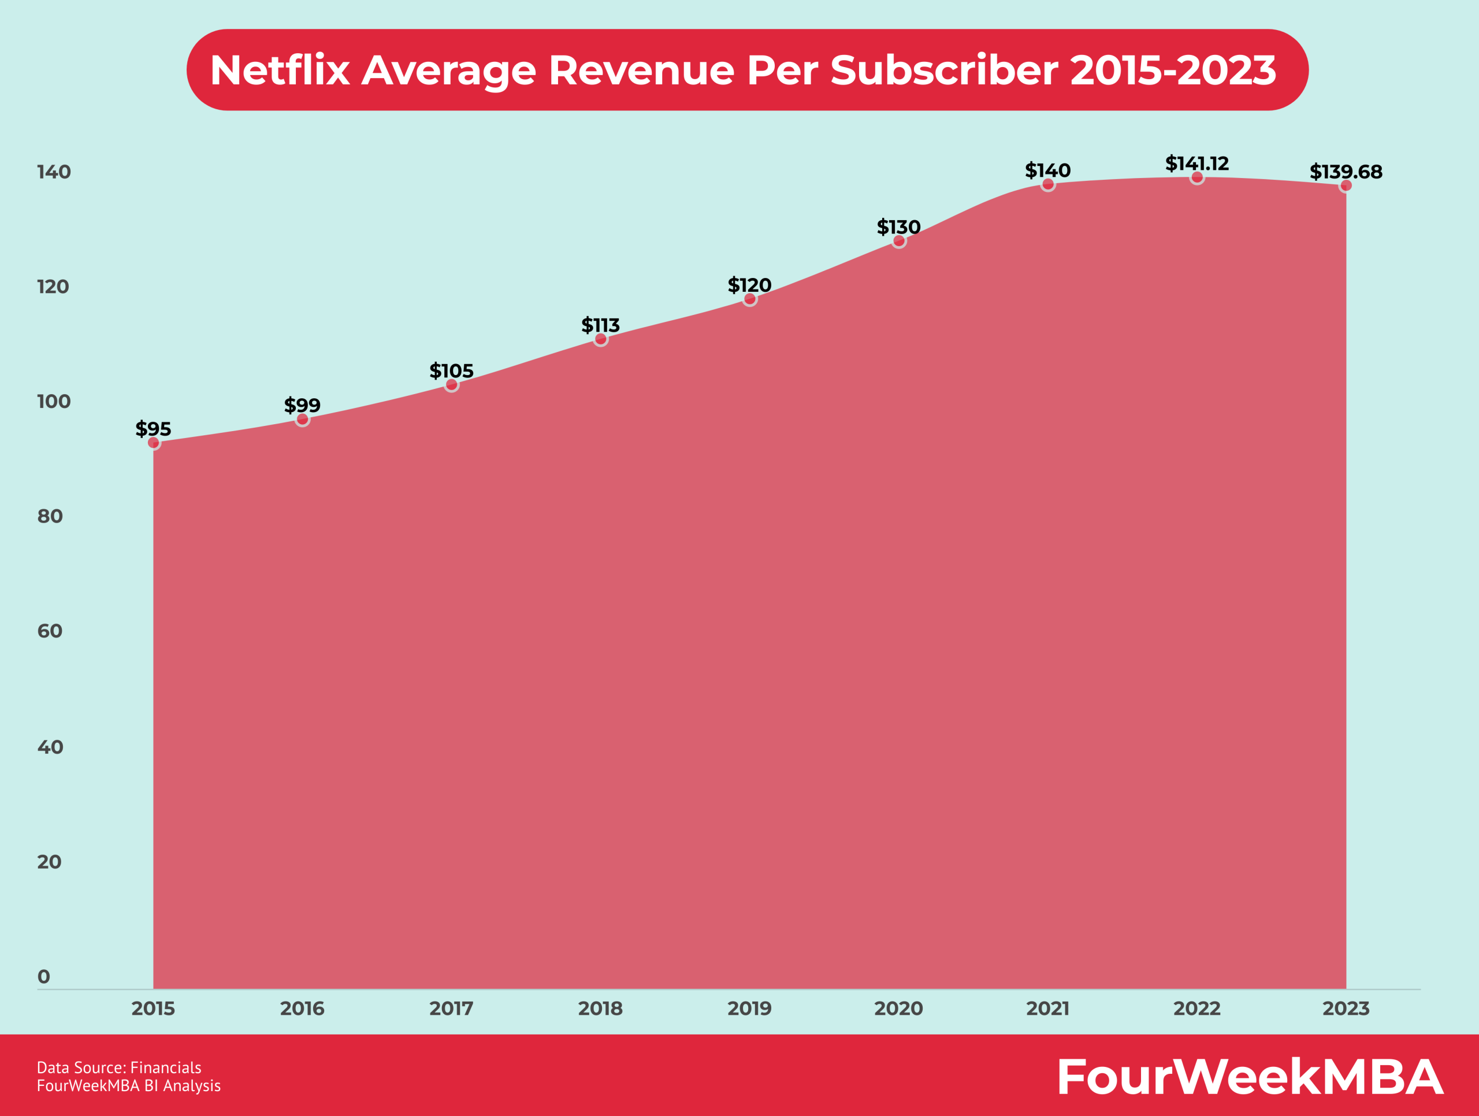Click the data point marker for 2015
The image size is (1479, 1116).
[x=154, y=443]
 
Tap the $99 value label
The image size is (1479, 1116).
[x=302, y=405]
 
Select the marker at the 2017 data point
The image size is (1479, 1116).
[x=451, y=384]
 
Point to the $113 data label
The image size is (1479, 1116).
[x=600, y=325]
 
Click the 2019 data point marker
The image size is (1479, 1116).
[x=749, y=299]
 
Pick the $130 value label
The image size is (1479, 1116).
[x=898, y=227]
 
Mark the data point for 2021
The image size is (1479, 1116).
[x=1048, y=184]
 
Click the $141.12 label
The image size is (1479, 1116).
[x=1197, y=163]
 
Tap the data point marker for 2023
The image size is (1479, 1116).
[x=1346, y=185]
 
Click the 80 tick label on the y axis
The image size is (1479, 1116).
[x=50, y=516]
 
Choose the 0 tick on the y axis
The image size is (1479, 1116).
[x=44, y=976]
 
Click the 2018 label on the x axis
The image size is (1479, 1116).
[x=600, y=1009]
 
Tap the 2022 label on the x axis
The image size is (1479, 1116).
[x=1197, y=1009]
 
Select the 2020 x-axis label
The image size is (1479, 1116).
[x=898, y=1009]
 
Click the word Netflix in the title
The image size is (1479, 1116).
[x=280, y=69]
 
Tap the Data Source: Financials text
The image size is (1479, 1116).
[x=119, y=1068]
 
